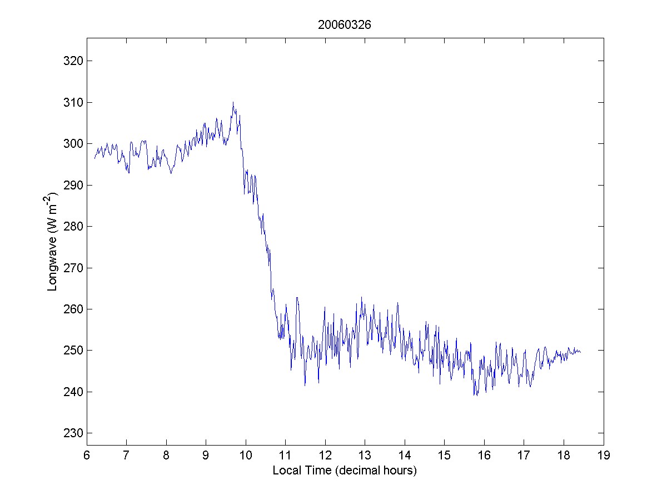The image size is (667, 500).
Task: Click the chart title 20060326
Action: pos(345,25)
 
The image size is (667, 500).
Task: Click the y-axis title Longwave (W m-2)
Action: pos(53,242)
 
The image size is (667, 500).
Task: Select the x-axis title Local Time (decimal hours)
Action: pos(345,471)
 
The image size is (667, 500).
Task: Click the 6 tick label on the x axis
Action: pos(87,456)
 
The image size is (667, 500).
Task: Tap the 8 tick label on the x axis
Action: pos(166,456)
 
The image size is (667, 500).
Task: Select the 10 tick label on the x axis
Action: pos(246,456)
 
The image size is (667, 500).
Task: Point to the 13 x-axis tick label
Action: pos(365,456)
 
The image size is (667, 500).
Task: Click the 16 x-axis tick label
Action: pos(484,456)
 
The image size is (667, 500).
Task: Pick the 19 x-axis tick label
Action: pos(604,456)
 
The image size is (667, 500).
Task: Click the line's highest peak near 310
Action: pos(233,102)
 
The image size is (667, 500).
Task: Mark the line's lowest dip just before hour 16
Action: pos(476,396)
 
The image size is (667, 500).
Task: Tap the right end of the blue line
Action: pos(581,352)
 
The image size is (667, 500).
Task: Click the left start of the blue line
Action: pos(94,159)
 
